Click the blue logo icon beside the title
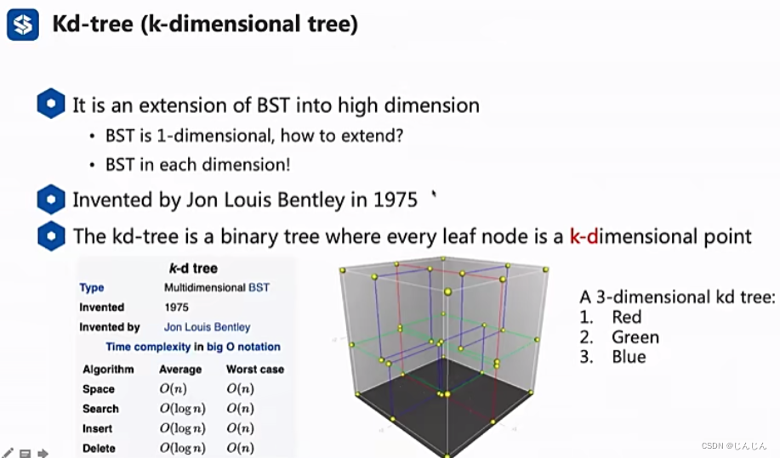point(23,25)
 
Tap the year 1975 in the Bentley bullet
point(396,200)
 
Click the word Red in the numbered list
point(627,317)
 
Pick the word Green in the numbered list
point(635,337)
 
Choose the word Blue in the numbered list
point(629,357)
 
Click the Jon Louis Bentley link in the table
point(207,327)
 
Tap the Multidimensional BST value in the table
point(216,288)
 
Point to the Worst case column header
point(254,370)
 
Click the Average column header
point(180,370)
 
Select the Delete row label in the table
point(99,448)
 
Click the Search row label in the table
point(100,409)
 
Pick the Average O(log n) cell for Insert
point(183,428)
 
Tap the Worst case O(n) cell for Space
point(240,389)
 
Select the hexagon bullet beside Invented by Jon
point(51,200)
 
